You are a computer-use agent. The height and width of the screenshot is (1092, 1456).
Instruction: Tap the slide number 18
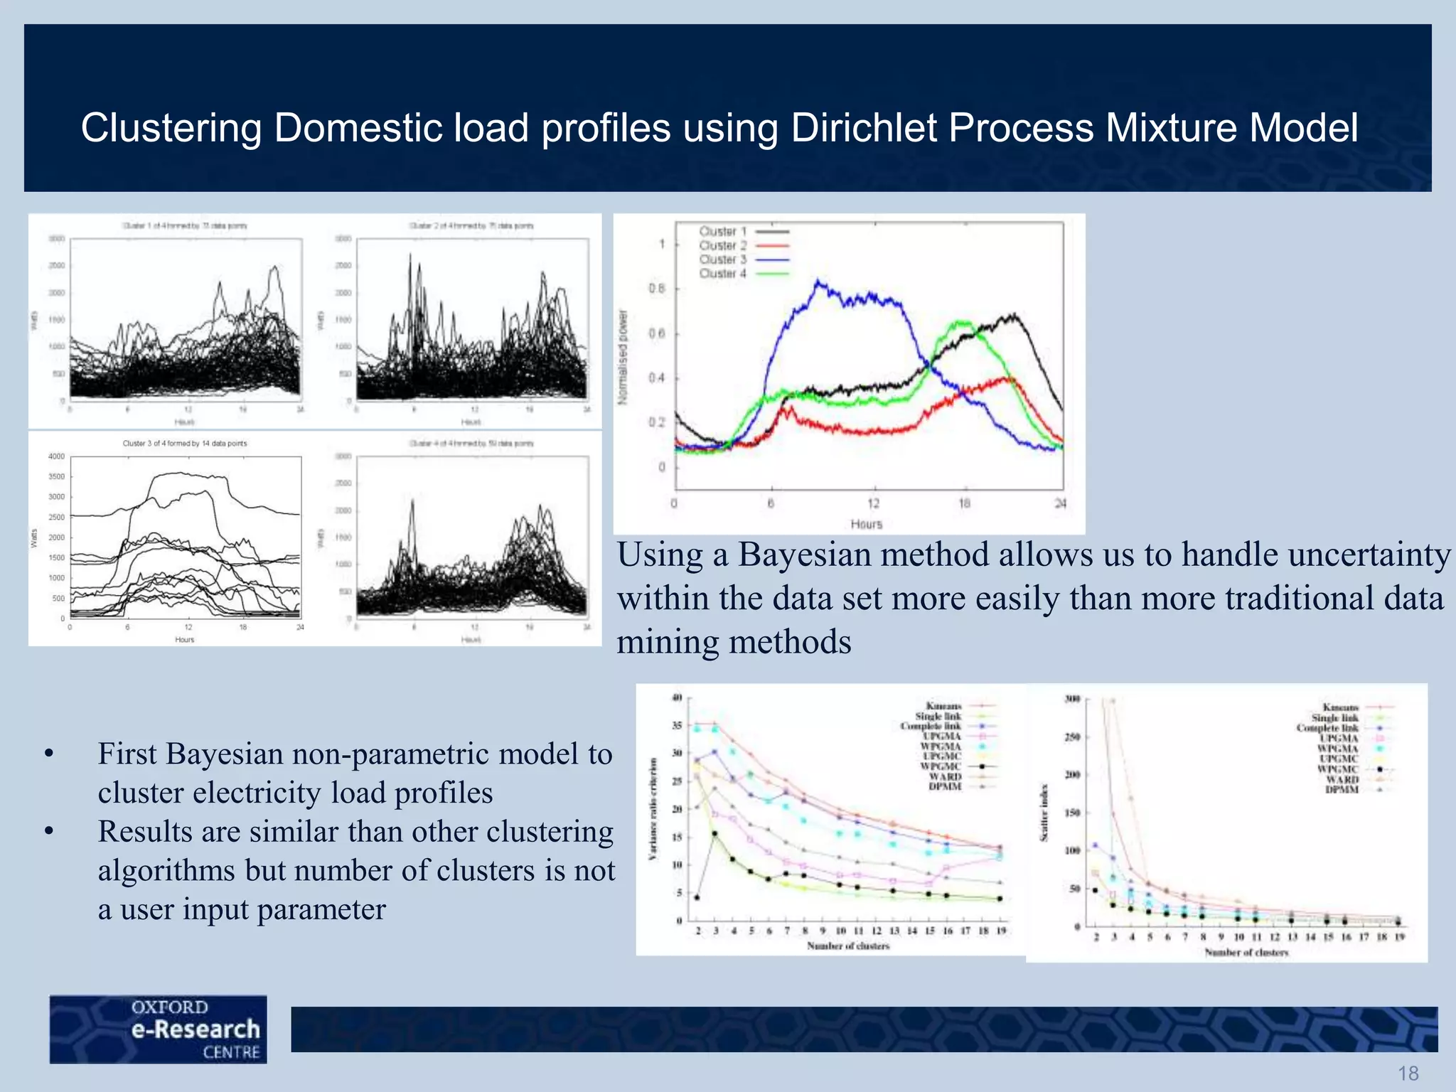click(1408, 1073)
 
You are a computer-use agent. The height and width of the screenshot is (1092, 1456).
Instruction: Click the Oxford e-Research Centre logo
click(159, 1029)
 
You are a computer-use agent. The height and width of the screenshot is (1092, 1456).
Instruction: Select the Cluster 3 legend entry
click(723, 259)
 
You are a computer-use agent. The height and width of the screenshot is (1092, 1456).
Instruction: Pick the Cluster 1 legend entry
click(723, 231)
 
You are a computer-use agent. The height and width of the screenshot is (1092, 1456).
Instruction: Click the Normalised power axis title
click(623, 358)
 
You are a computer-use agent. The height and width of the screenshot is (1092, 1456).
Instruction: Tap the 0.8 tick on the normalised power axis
click(656, 289)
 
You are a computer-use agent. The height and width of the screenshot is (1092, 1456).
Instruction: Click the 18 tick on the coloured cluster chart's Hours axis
click(964, 503)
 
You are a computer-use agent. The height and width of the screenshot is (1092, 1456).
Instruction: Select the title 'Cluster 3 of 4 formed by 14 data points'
click(185, 443)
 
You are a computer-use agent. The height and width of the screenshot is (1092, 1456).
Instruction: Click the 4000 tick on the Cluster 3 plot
click(56, 456)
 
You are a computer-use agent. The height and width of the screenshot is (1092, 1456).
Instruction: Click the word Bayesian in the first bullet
click(225, 754)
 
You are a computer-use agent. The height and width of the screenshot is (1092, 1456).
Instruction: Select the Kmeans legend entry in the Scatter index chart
click(1341, 707)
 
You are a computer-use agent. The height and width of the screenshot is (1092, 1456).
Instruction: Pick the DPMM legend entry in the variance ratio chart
click(945, 786)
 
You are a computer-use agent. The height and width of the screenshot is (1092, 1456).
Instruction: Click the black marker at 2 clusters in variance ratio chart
click(697, 897)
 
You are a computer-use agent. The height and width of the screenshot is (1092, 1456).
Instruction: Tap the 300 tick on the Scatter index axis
click(1072, 699)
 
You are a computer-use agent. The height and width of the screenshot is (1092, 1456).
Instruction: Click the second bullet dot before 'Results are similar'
click(48, 831)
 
